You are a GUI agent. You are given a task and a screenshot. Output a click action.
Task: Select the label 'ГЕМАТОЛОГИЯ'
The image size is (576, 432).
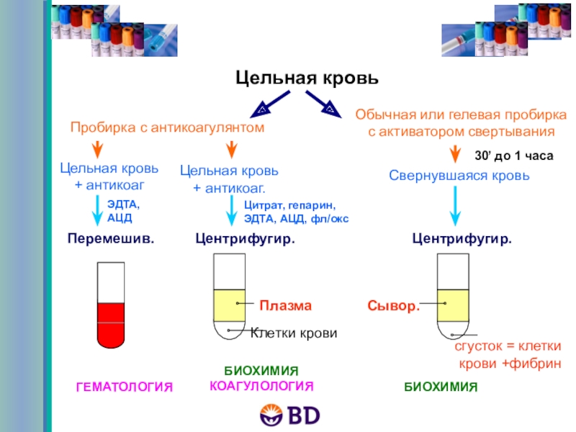(x=125, y=387)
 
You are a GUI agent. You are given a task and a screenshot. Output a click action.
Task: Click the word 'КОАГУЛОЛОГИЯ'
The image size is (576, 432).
(x=261, y=386)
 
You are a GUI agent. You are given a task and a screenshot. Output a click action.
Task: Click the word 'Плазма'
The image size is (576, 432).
(x=285, y=305)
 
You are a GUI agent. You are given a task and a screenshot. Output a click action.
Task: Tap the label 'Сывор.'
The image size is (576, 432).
(x=393, y=306)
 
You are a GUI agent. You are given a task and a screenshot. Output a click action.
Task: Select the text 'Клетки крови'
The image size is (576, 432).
(x=293, y=333)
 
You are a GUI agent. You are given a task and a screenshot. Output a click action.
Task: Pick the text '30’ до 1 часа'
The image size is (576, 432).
(x=513, y=156)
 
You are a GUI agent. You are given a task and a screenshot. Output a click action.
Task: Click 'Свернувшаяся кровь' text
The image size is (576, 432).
(x=459, y=176)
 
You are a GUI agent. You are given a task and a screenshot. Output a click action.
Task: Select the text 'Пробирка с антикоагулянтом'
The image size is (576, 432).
(x=168, y=127)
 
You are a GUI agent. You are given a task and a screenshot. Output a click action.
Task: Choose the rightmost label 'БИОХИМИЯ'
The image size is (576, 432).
(x=440, y=387)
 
